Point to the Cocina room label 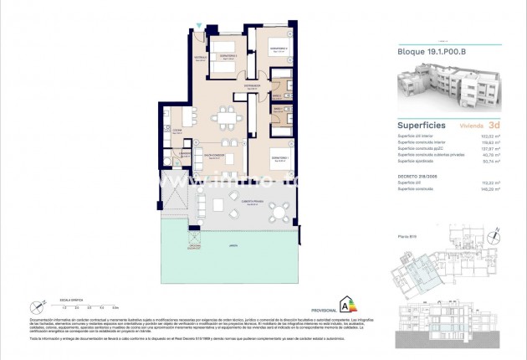(177, 131)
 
